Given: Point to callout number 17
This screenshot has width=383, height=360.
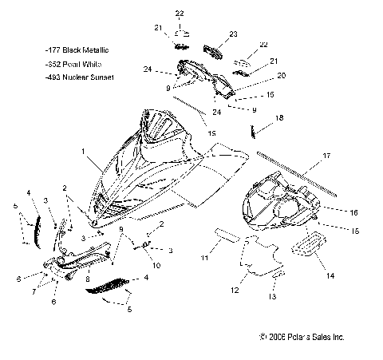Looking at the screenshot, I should point(304,157).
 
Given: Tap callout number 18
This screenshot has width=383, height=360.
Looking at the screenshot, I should point(279,117).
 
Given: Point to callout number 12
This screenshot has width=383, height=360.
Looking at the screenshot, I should point(235,291).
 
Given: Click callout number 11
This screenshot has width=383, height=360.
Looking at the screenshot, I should point(203,259).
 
